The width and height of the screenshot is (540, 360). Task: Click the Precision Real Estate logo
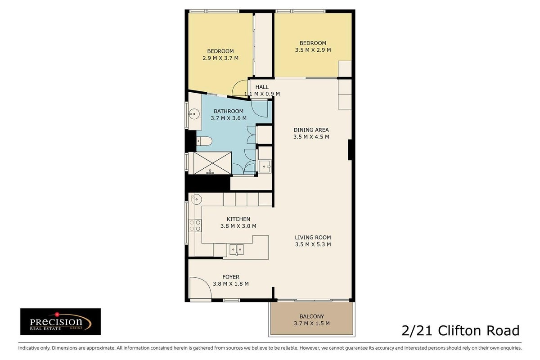pos(60,321)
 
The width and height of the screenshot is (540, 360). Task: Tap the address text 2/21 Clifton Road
pos(460,330)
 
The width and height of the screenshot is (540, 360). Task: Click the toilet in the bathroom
pos(204,141)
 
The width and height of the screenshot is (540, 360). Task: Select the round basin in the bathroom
pos(194,113)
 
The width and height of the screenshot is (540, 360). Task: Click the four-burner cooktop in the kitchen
pos(195,226)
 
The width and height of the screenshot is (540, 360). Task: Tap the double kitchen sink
pos(237,250)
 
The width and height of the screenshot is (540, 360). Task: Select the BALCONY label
pos(312,316)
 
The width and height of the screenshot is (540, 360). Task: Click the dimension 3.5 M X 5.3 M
pos(313,244)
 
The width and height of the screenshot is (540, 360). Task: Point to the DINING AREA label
pos(311,130)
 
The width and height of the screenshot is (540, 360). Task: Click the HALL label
pos(262,87)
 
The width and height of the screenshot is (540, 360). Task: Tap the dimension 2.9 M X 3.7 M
pos(220,58)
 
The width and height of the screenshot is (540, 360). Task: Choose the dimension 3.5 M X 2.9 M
pos(313,50)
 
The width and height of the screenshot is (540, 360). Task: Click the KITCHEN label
pos(238,219)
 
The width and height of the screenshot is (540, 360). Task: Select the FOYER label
pos(231,277)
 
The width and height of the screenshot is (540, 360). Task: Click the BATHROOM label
pos(229,111)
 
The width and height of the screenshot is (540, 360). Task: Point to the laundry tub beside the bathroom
pos(265,166)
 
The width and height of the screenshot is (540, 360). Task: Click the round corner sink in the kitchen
pos(196,199)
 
